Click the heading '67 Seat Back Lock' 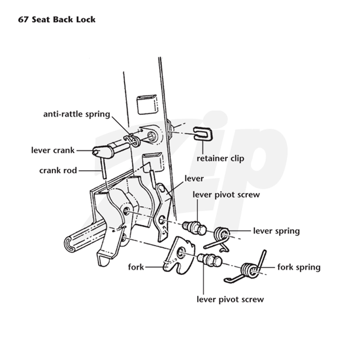[x=57, y=19]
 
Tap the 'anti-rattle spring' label [x=76, y=114]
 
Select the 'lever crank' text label [x=53, y=150]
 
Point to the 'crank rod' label [x=58, y=171]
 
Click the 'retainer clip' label [x=220, y=158]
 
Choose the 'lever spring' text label [x=276, y=231]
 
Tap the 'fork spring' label [x=299, y=267]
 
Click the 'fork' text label [x=136, y=267]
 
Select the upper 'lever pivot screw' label [x=226, y=195]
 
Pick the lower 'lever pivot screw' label [x=230, y=299]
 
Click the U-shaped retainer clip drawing [x=203, y=134]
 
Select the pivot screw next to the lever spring [x=195, y=228]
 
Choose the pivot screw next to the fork [x=210, y=260]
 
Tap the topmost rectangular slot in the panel [x=147, y=104]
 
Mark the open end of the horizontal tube [x=69, y=244]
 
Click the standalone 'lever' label [x=194, y=179]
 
